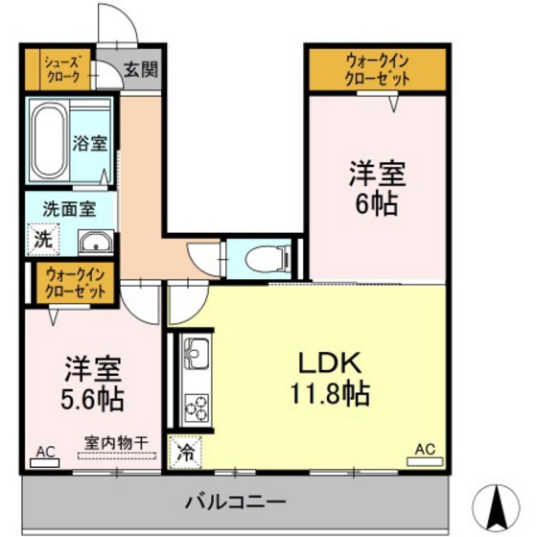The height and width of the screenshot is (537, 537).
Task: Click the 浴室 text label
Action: pos(90,143)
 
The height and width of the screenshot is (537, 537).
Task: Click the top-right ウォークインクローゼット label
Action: pos(376,69)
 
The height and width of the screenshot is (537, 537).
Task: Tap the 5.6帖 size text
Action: pos(93,394)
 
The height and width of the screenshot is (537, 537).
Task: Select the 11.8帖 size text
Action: pos(328,393)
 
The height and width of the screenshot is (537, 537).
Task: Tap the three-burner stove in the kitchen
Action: pos(196,406)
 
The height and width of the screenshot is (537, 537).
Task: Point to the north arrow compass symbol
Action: pos(499,502)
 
